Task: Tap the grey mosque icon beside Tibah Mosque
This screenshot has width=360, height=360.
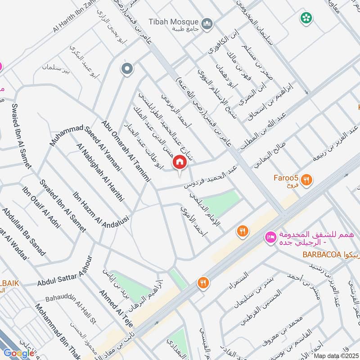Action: click(207, 23)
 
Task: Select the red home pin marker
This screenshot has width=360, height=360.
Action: click(180, 162)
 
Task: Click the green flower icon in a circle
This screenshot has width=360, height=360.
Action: click(306, 18)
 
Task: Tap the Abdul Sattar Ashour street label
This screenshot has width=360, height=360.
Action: click(64, 271)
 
